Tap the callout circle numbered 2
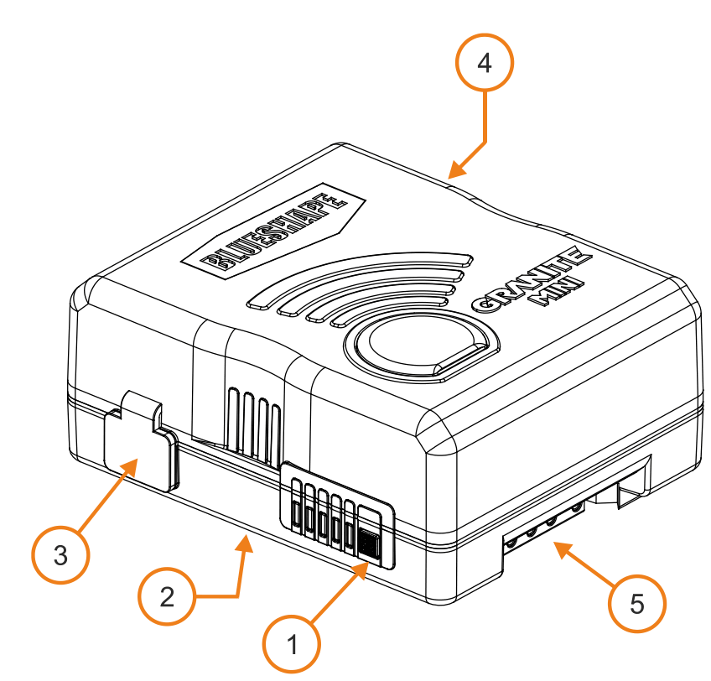click(168, 596)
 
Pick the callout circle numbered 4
click(484, 64)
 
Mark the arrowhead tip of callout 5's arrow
click(553, 544)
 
